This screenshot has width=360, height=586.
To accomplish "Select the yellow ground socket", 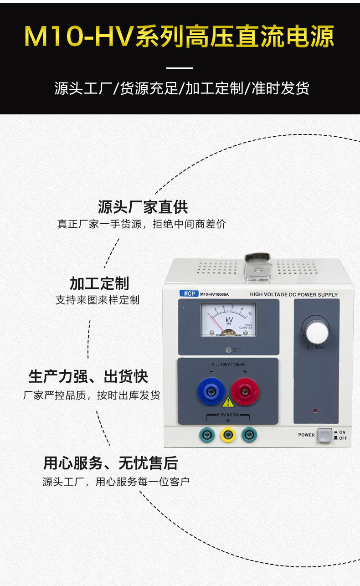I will click(x=228, y=435).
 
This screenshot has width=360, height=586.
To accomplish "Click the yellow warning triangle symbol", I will click(x=227, y=402).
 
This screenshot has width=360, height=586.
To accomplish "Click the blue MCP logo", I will click(x=188, y=294).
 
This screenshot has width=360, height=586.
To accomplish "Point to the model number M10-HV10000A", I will click(x=214, y=294).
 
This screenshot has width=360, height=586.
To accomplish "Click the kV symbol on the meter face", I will click(x=229, y=319).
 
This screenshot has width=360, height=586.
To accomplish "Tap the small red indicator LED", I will click(x=314, y=411).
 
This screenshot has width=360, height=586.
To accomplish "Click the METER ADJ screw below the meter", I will click(x=228, y=350).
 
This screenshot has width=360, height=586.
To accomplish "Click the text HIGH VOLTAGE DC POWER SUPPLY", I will click(x=293, y=295).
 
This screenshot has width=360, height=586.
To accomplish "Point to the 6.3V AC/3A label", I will click(x=227, y=415).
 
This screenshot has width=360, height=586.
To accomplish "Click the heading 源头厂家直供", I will click(x=143, y=207).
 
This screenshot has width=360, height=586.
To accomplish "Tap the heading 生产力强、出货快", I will click(x=88, y=377).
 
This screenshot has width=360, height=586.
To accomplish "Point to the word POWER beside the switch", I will click(x=306, y=435).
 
